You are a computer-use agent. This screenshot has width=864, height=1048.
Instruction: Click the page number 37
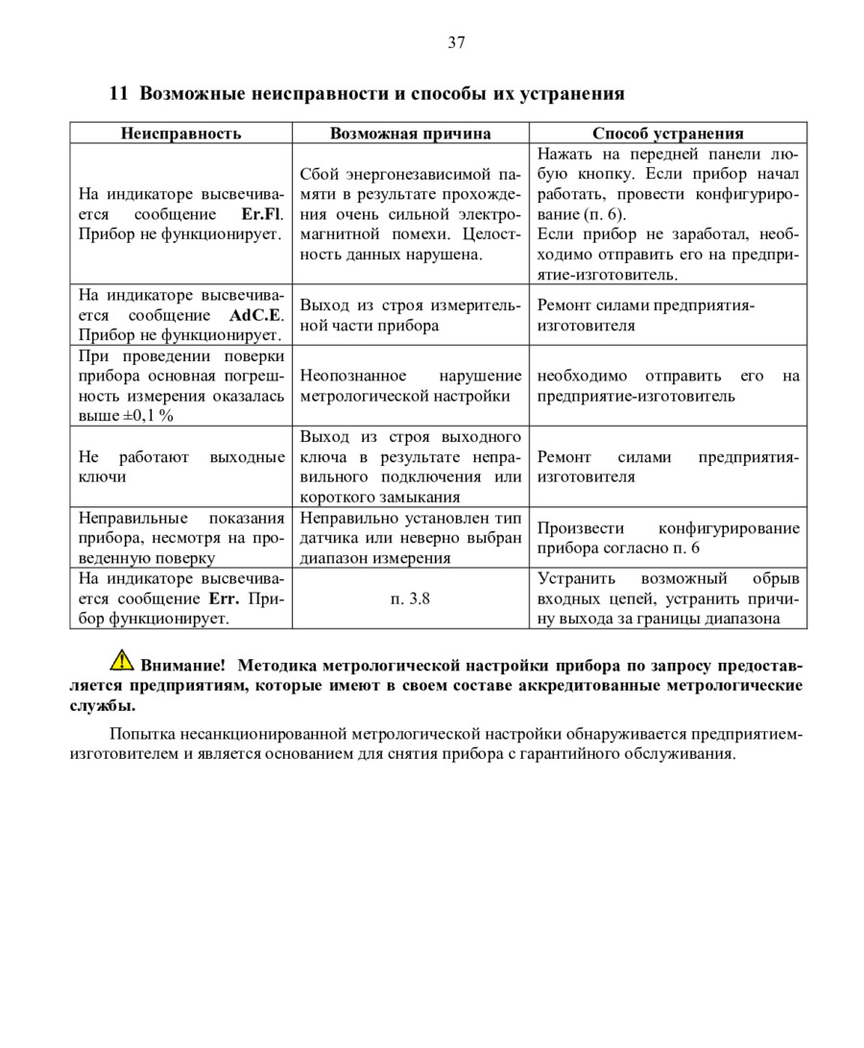[456, 42]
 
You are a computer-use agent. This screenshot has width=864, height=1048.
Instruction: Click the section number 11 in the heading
[119, 94]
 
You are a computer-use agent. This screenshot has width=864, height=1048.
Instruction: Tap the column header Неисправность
[180, 134]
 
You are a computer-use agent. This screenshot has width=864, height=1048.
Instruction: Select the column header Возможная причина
[410, 134]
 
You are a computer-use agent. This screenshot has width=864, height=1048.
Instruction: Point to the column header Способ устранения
[667, 134]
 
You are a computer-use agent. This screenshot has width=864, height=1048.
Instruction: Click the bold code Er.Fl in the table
[263, 214]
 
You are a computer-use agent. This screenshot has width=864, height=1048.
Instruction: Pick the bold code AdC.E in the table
[256, 315]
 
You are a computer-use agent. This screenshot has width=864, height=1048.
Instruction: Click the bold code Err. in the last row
[224, 599]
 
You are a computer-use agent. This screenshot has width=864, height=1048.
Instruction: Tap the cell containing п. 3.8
[410, 599]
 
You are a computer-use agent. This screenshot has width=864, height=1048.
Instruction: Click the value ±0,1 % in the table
[152, 416]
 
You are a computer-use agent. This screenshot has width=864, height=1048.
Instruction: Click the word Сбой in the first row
[319, 174]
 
